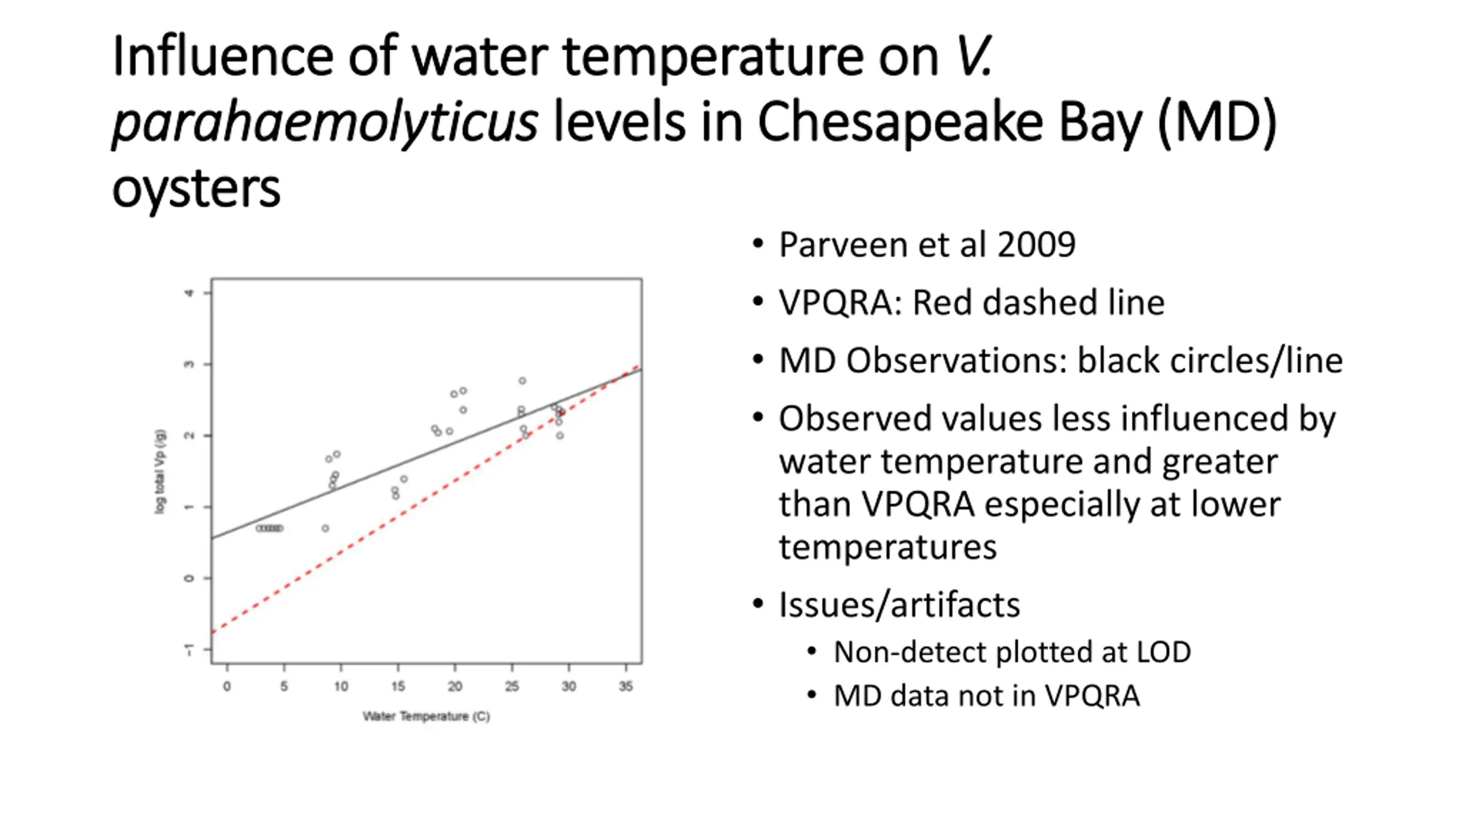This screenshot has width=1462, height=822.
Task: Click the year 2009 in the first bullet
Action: (1036, 245)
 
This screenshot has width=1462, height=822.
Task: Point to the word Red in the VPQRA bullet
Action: (942, 303)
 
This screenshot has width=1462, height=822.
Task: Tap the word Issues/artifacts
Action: (899, 605)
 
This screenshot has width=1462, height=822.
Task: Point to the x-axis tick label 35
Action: (626, 686)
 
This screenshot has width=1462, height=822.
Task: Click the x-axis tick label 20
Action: (455, 686)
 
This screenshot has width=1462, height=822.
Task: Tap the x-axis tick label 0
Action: (227, 686)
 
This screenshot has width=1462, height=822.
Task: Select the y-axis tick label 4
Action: (189, 293)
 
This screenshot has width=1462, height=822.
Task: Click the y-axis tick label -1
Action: (189, 650)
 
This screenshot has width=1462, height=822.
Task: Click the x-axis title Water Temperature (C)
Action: (426, 716)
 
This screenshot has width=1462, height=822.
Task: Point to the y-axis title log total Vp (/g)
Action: (160, 472)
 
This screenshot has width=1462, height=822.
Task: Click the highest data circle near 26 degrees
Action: (522, 381)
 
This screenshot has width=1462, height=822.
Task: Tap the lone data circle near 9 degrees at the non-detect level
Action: (325, 529)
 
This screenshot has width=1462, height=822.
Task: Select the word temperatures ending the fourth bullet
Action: (887, 547)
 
